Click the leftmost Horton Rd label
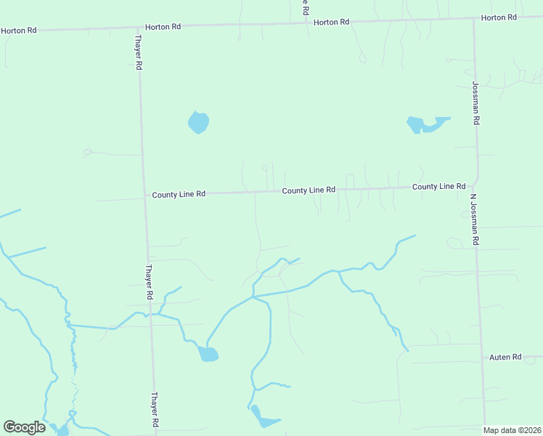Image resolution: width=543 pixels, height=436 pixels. coord(19,31)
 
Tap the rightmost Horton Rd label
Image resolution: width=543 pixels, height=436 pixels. coord(499,17)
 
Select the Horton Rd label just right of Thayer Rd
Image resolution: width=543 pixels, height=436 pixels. coord(163,27)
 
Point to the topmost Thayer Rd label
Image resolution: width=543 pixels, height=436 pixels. coord(138,53)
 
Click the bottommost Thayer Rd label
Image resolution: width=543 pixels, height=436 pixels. coord(155,410)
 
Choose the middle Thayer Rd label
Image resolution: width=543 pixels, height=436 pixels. coord(148,282)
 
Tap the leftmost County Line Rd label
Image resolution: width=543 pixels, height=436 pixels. coord(179,195)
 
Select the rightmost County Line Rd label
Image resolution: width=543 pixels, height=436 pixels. coord(438,187)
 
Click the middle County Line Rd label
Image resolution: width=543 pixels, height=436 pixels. coord(309,190)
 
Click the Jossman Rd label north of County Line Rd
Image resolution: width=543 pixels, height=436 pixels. coord(475,103)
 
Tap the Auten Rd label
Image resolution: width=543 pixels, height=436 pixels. coord(505,357)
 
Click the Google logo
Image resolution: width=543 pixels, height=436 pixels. coord(25,427)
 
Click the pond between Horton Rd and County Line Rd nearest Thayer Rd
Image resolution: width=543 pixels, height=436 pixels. coord(198,122)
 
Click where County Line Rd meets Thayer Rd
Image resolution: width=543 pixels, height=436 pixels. coord(144,195)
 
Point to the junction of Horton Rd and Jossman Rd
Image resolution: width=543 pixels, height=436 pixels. coord(473,18)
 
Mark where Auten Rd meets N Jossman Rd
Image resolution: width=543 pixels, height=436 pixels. coord(483,358)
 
